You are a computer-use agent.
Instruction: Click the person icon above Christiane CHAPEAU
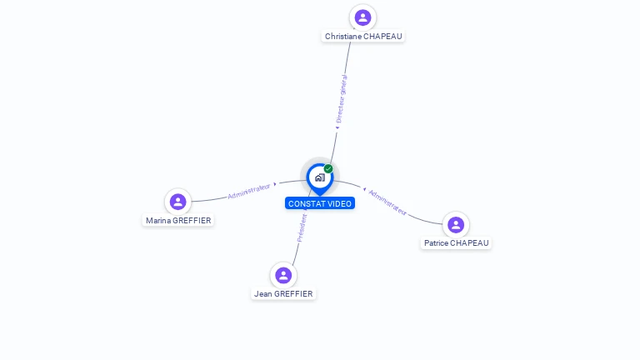pos(362,17)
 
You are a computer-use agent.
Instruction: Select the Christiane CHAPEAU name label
pos(363,37)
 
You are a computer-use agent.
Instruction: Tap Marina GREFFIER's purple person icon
pos(178,202)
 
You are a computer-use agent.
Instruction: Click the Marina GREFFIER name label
pos(178,220)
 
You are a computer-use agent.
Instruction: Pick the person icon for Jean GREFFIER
pos(283,275)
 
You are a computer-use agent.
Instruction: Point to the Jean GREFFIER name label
pos(283,294)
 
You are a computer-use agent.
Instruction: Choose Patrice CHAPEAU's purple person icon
pos(456,224)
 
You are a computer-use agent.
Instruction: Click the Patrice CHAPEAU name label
pos(457,243)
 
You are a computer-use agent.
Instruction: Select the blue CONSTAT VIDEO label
pos(320,203)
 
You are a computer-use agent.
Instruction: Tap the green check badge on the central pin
pos(328,168)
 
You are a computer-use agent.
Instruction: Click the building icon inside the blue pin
pos(320,177)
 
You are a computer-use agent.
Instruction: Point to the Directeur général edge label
pos(341,99)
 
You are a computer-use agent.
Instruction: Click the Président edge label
pos(302,228)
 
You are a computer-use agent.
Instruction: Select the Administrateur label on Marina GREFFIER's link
pos(249,191)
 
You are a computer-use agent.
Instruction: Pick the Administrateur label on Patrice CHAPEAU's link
pos(387,202)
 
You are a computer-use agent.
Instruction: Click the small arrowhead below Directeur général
pos(337,127)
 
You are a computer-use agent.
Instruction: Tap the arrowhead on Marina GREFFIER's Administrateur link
pos(275,184)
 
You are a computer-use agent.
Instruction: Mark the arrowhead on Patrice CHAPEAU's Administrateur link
pos(364,189)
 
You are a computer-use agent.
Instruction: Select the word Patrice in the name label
pos(436,243)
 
